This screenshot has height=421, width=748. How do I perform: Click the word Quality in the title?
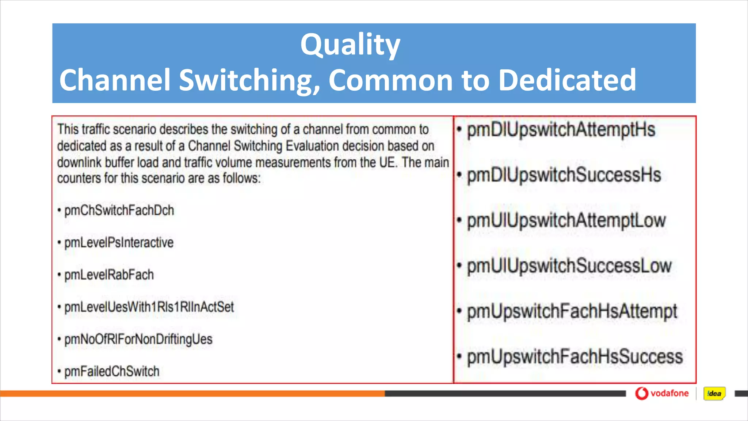tap(350, 45)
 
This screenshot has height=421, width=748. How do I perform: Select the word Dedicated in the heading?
tap(567, 80)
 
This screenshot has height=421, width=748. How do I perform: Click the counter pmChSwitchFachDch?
tap(119, 210)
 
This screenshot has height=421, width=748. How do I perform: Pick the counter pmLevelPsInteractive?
tap(119, 243)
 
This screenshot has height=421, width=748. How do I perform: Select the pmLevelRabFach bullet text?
tap(109, 275)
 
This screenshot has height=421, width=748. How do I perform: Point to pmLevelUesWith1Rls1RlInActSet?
tap(149, 307)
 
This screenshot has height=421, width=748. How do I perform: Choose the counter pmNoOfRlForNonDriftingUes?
tap(138, 339)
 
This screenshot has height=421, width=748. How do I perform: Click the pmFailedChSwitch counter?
tap(112, 371)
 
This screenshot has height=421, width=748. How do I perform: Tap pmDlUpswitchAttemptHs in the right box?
tap(561, 130)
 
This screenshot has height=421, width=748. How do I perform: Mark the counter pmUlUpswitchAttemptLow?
tap(566, 221)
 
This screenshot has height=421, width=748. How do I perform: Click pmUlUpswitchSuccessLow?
tap(569, 266)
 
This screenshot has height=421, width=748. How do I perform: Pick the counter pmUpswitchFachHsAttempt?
tap(572, 311)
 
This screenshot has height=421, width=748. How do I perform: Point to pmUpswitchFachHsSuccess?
tap(575, 357)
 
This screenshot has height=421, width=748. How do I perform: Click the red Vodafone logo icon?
tap(641, 393)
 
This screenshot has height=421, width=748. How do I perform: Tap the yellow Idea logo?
tap(714, 394)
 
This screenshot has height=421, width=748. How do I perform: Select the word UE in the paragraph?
tap(387, 162)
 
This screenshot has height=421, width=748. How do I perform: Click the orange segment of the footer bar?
tap(192, 394)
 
